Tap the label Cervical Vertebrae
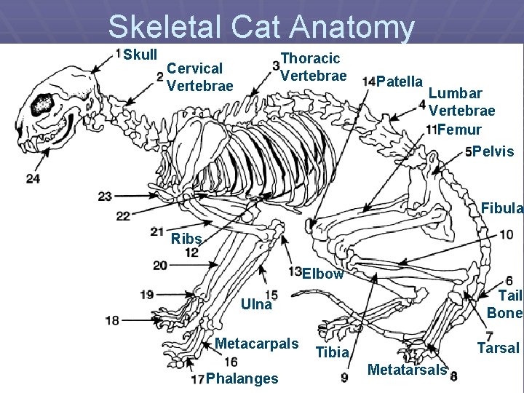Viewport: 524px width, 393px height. pos(199,77)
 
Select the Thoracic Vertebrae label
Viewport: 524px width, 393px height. pos(313,66)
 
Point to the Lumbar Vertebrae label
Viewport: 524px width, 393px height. pos(462,102)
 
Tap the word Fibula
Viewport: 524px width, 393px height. pos(501,209)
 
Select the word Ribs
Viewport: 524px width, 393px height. pos(186,239)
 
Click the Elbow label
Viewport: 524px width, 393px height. pos(322,274)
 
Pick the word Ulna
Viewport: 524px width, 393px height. pos(256,305)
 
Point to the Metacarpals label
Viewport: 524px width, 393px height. pos(257,344)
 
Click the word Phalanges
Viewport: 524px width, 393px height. pos(242,378)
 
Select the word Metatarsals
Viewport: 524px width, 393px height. pos(407,370)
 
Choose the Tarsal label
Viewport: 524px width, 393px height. pos(498,348)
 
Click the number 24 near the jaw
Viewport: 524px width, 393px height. pos(33,178)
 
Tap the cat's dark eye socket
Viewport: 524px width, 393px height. pos(41,105)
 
